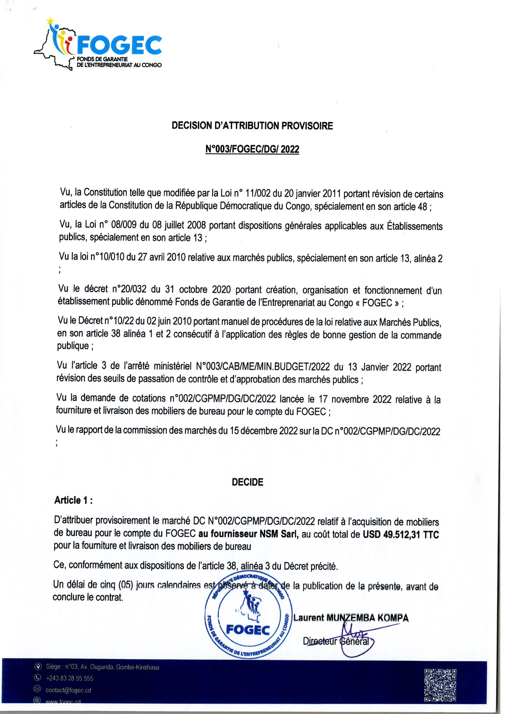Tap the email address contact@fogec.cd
click(x=68, y=690)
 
